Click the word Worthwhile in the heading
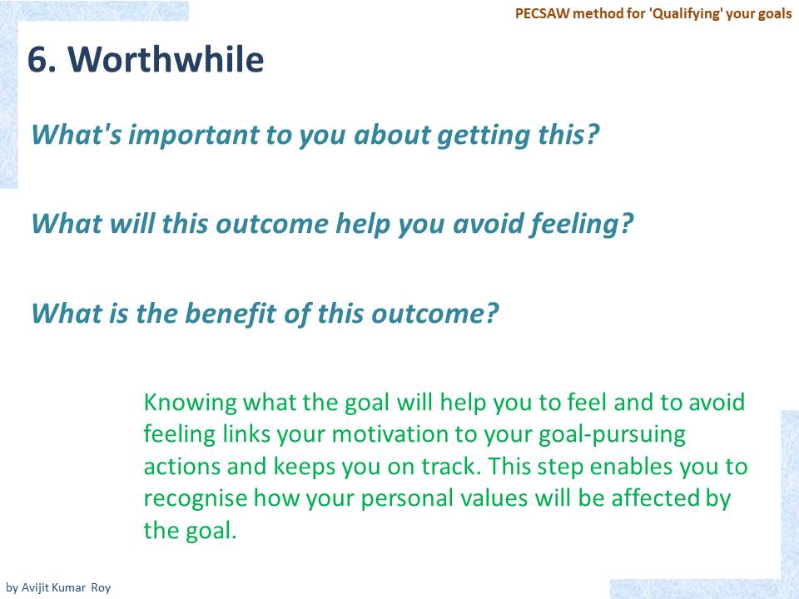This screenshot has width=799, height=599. click(x=166, y=59)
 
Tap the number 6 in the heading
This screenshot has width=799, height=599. click(x=38, y=60)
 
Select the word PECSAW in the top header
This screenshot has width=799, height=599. click(x=542, y=13)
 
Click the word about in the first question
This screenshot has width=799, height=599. click(x=392, y=135)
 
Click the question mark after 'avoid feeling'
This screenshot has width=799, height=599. click(x=627, y=224)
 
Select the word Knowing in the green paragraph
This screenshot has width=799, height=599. click(x=190, y=403)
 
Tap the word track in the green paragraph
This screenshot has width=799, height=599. click(x=450, y=467)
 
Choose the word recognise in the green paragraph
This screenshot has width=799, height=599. click(x=195, y=498)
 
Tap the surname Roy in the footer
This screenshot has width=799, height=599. click(x=101, y=588)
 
